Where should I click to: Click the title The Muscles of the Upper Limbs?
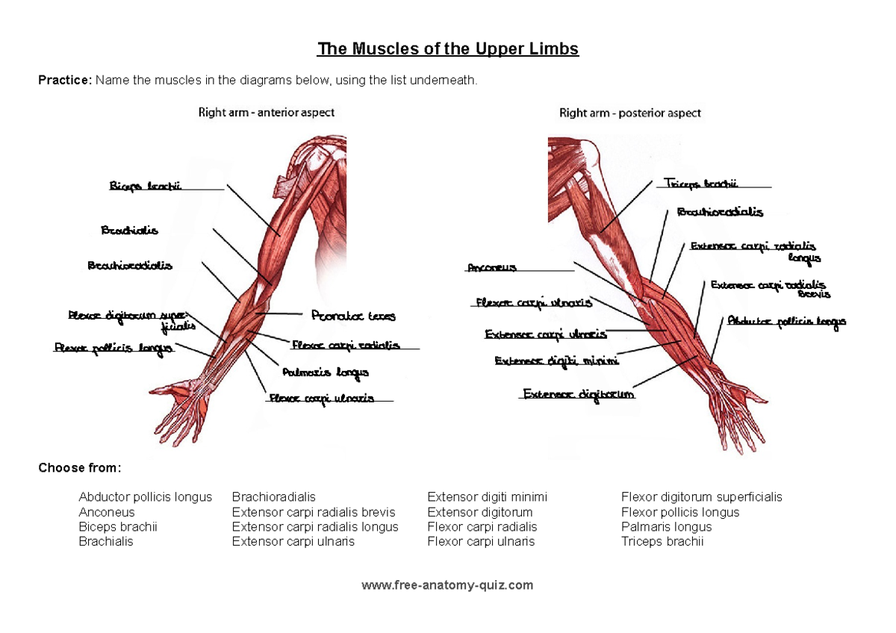448,49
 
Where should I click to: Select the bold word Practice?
65,81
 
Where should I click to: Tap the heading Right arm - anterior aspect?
266,113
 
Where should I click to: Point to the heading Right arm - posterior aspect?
629,113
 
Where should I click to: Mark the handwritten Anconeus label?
491,267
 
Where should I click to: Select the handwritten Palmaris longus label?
325,372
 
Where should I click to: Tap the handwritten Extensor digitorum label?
578,394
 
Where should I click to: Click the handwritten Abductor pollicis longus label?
786,322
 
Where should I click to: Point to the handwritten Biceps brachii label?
146,186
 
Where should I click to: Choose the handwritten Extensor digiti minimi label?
556,361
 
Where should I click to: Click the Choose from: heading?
79,468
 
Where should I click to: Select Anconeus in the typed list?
107,512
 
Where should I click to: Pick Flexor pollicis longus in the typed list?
680,512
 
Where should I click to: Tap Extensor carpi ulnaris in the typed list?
293,541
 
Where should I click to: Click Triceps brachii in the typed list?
662,541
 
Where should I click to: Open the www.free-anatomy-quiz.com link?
447,585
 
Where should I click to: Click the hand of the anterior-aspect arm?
183,407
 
